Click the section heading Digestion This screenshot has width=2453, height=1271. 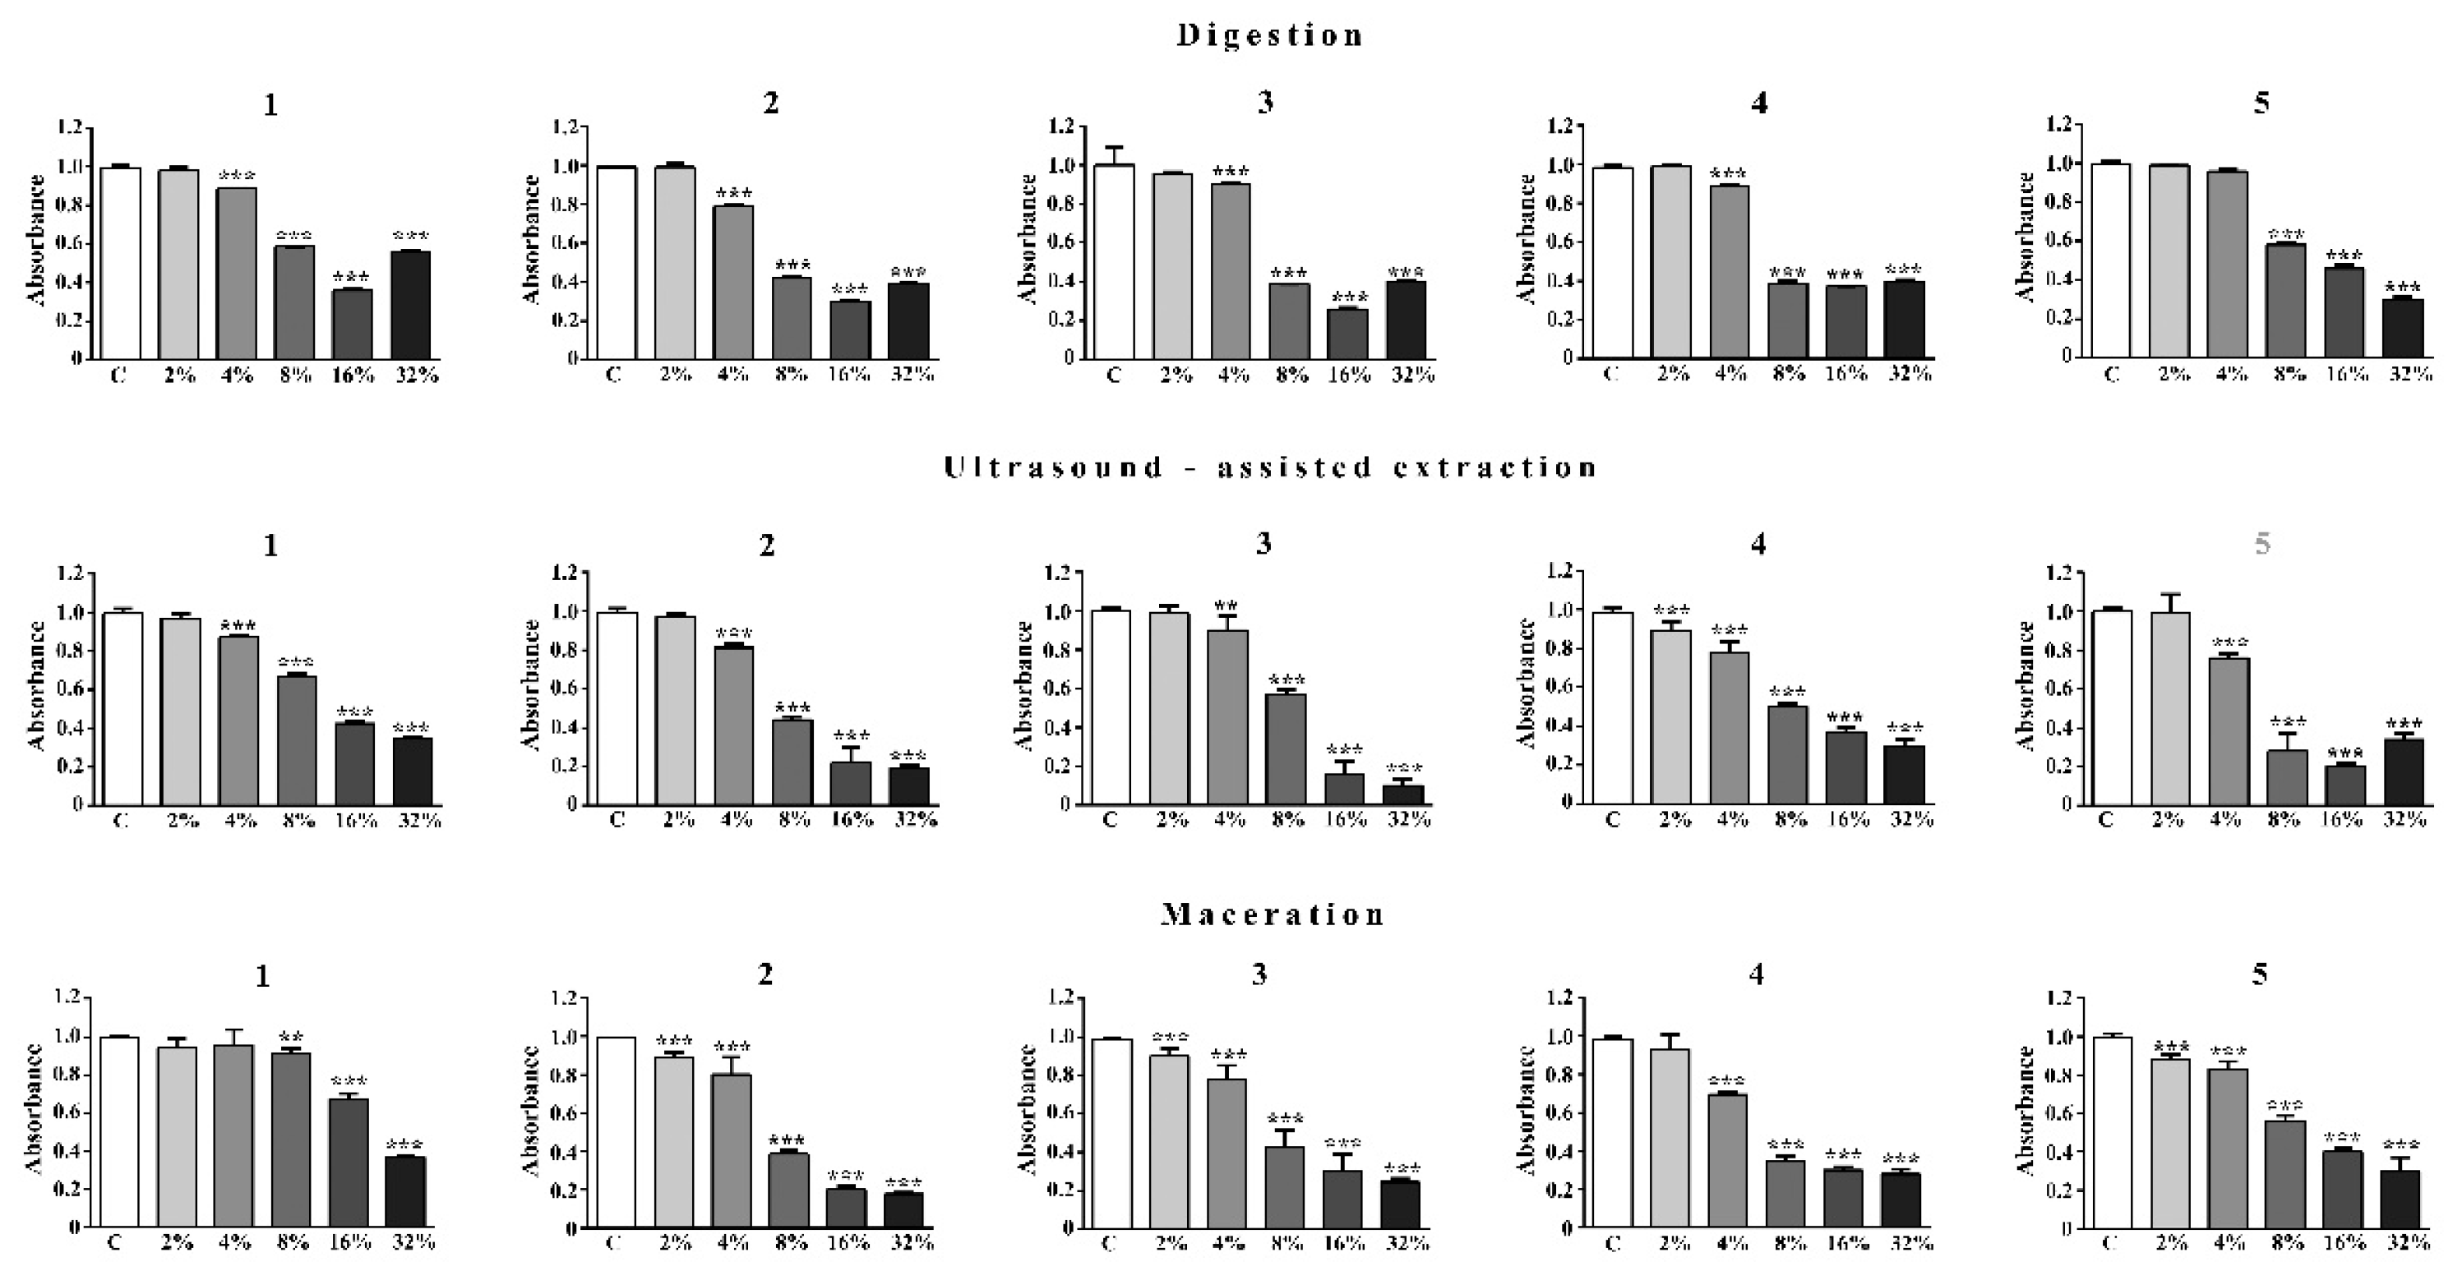click(1270, 36)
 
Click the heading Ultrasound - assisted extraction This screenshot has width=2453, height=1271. click(1270, 467)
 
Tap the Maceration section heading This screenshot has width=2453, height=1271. click(1273, 915)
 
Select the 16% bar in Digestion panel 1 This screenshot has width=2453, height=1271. click(353, 324)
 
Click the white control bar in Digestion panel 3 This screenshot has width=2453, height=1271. click(1113, 262)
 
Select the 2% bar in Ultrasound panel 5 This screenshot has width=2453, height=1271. click(2169, 709)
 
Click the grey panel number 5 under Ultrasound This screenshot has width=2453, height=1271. click(2262, 544)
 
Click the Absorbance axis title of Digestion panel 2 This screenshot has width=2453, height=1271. click(531, 240)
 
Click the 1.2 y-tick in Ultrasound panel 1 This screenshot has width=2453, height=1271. click(72, 573)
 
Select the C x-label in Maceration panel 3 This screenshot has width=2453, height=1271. click(1106, 1243)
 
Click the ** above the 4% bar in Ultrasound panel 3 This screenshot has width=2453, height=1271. click(1226, 606)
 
